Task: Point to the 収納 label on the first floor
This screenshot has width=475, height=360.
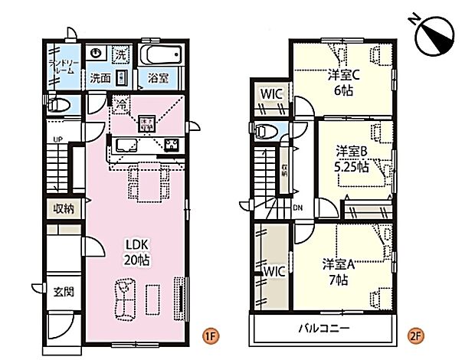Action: pos(64,208)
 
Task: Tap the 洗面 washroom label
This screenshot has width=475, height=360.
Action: pos(101,78)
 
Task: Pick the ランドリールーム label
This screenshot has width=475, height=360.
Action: pos(61,65)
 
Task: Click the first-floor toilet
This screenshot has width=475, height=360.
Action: pos(58,106)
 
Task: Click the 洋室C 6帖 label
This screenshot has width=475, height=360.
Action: pos(342,81)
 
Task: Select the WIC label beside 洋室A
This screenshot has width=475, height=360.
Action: pos(274,271)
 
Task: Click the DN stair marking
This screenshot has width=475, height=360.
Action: pos(297,208)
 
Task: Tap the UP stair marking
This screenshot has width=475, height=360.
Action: pos(57,139)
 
